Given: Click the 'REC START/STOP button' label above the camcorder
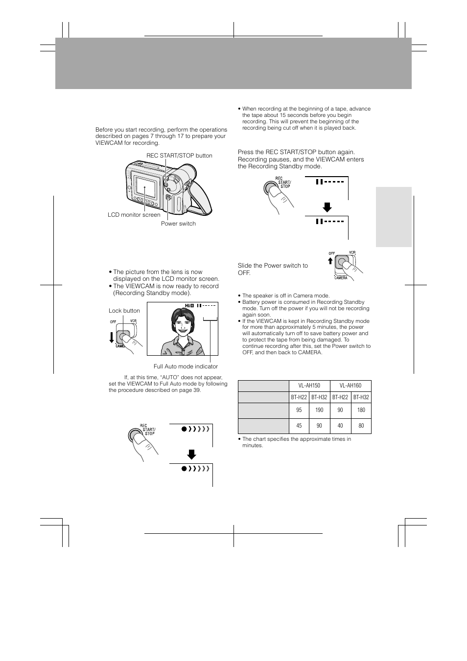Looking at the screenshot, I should (x=179, y=156).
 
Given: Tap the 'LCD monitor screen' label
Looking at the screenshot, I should (x=134, y=215).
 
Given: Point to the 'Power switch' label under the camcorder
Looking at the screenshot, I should (x=178, y=224).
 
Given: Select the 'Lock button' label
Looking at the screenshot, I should (x=124, y=311).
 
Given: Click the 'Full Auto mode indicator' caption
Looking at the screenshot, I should (x=186, y=366).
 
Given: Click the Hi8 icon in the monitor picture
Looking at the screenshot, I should (x=189, y=306).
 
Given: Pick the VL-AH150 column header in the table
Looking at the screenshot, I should (x=309, y=386).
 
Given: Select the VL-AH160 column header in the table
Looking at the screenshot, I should (x=350, y=386).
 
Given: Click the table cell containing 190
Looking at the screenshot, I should (x=319, y=410).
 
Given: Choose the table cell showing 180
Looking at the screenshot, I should (x=361, y=410).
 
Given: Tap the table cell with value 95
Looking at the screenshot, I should (x=299, y=410).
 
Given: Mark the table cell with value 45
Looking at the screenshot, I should (x=299, y=426).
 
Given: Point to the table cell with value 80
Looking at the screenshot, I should (x=361, y=426).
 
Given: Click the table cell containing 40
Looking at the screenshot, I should (x=340, y=426).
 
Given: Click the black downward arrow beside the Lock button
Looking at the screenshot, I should (x=112, y=337).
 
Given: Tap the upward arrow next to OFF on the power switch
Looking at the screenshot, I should (x=331, y=261).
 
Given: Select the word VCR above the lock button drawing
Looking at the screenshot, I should (x=133, y=321).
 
